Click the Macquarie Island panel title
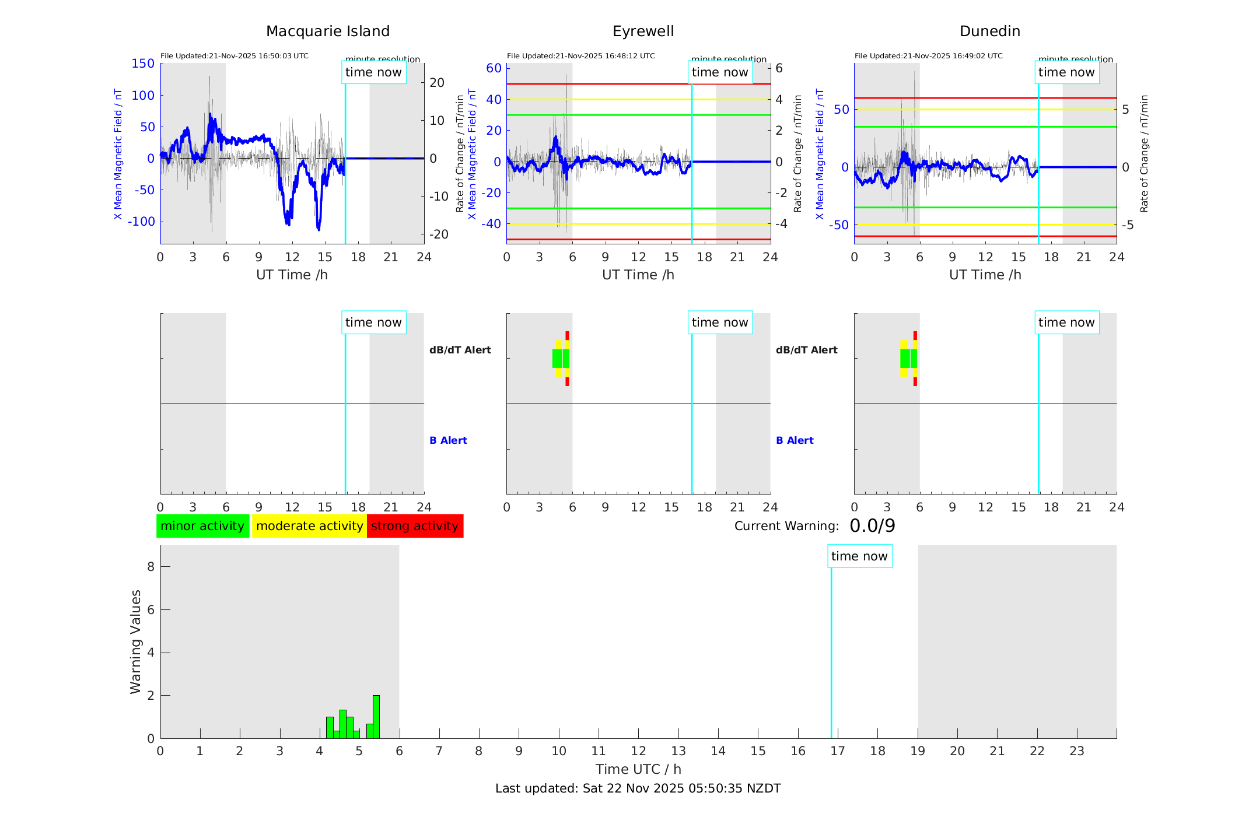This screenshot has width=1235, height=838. pos(328,31)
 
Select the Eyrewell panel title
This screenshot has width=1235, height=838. pos(643,31)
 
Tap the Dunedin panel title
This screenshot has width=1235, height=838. pos(989,31)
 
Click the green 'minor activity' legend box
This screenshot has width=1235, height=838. pos(202,526)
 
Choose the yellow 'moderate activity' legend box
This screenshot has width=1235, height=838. pos(309,526)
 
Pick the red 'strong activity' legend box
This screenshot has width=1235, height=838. pos(415,526)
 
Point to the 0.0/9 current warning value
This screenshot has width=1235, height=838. pos(872,526)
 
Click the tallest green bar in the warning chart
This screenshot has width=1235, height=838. pos(376,717)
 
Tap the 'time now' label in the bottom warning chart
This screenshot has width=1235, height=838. pos(859,556)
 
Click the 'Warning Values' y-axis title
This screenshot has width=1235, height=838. pos(136,641)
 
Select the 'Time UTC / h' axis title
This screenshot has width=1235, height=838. pos(638,769)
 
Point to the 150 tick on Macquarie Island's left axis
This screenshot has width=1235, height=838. pos(143,64)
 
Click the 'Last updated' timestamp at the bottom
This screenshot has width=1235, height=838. pos(638,788)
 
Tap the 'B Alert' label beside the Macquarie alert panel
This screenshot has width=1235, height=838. pos(448,440)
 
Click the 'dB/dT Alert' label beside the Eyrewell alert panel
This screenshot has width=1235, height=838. pos(806,350)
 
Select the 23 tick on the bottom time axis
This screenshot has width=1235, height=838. pos(1077,751)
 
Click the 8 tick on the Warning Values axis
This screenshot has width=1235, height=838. pos(151,566)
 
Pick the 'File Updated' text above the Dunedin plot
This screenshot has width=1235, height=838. pos(928,56)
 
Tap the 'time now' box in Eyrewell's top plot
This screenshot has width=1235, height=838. pos(720,72)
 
